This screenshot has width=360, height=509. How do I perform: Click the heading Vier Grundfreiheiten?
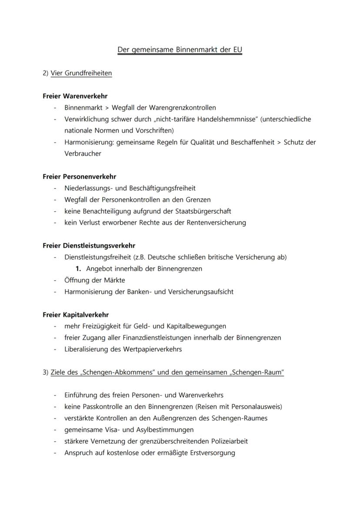[81, 73]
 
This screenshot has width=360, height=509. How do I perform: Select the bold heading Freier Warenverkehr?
[75, 96]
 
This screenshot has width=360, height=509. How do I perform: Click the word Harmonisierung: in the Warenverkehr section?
[89, 142]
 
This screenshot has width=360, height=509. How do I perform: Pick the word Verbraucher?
[83, 153]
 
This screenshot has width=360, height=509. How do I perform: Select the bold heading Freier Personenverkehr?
[79, 176]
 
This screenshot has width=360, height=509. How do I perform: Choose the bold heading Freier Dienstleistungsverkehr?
[89, 246]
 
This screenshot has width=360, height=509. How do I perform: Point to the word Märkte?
[114, 280]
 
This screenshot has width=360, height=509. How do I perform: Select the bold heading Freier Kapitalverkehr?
[76, 315]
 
